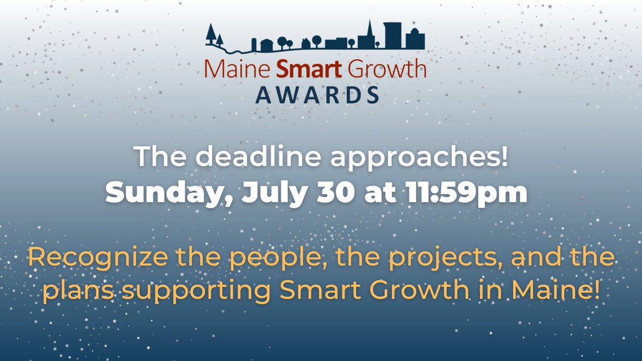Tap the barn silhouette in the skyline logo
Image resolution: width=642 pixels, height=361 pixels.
266,45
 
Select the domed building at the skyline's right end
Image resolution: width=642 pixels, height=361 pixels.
415,39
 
